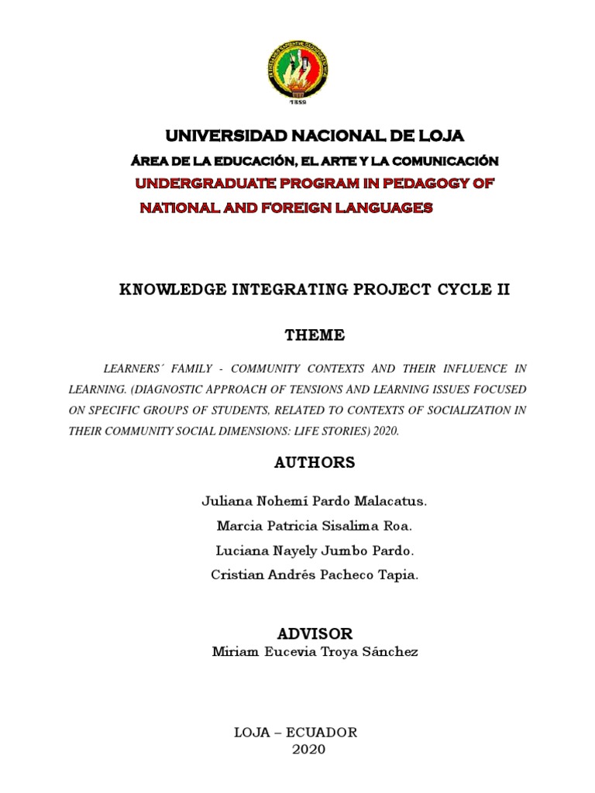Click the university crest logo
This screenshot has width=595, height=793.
(x=297, y=66)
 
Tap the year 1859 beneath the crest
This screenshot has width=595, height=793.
(x=297, y=101)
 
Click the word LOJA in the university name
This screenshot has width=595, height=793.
(x=440, y=136)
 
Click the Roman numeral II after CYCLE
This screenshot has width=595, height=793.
(x=501, y=290)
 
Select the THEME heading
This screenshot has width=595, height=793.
(x=315, y=335)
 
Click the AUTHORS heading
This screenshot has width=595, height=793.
(x=315, y=462)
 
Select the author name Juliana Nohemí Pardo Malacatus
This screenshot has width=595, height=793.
(x=314, y=501)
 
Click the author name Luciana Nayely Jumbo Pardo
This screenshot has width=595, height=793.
(x=314, y=551)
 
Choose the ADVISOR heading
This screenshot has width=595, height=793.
(x=315, y=633)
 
